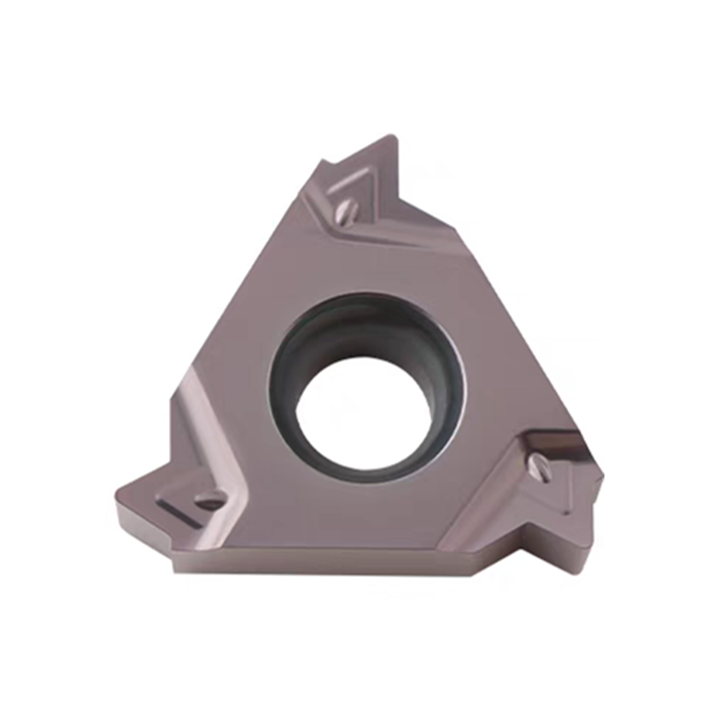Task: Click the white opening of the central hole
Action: click(x=363, y=415)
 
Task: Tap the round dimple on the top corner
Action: click(x=348, y=211)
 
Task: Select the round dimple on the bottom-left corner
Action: click(x=209, y=502)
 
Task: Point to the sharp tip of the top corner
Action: click(x=394, y=138)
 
